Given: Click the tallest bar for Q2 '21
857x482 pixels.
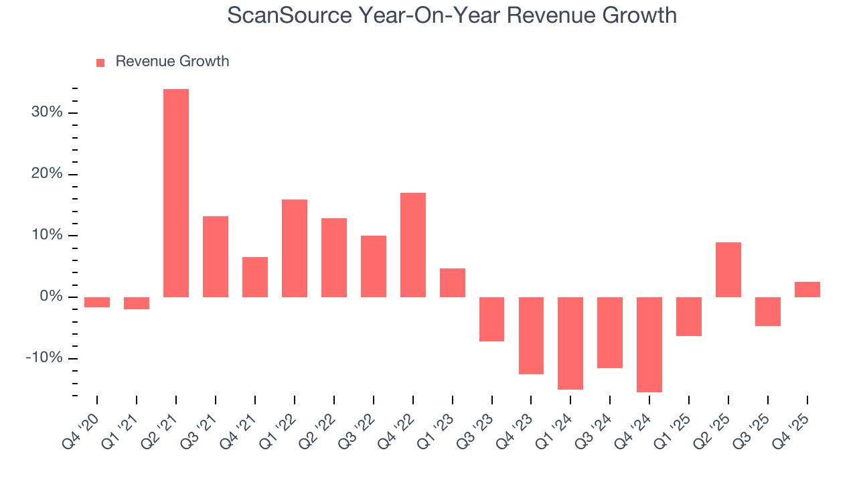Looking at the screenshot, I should [x=176, y=193].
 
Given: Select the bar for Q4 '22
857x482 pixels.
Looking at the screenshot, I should [x=413, y=245].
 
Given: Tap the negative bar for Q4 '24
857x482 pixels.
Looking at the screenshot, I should [x=649, y=344].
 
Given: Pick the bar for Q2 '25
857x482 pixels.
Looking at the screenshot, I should [x=728, y=270].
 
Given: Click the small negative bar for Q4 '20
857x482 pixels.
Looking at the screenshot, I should [x=97, y=302].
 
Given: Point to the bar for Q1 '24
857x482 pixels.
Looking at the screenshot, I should [x=570, y=343].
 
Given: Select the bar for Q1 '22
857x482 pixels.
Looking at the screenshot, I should [x=295, y=248].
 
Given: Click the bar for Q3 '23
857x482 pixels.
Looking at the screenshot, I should [x=491, y=319].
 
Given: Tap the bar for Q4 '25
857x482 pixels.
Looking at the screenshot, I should [x=807, y=289].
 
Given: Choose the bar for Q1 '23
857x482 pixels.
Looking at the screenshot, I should [x=453, y=283].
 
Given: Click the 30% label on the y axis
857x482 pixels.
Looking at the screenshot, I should [x=47, y=112].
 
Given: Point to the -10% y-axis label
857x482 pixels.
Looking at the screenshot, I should [x=44, y=358].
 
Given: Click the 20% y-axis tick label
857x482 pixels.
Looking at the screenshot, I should [x=47, y=174].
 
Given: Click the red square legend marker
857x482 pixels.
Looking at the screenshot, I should [x=100, y=62].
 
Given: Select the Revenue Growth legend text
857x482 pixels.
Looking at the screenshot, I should [x=172, y=62].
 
